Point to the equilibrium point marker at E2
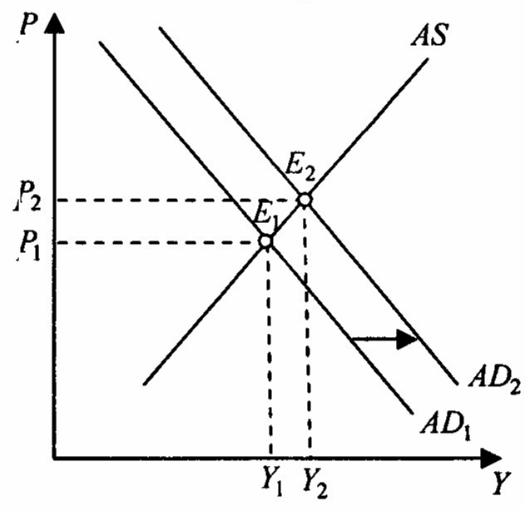click(305, 199)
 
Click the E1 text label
click(264, 217)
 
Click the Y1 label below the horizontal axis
click(270, 480)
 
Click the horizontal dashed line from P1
click(158, 242)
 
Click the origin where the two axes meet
click(54, 457)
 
